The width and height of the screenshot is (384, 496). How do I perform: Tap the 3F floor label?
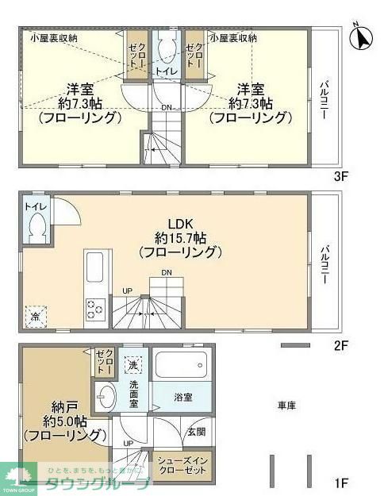point(342,176)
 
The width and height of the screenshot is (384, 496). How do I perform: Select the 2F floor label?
point(342,345)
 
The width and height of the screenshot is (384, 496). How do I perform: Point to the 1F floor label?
point(342,482)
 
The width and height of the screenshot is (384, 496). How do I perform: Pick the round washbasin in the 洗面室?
point(106,394)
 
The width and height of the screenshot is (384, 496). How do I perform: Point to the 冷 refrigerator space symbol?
point(35,315)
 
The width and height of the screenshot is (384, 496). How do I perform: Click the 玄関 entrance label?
point(196,433)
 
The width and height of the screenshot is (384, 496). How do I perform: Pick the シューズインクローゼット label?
point(187,465)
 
